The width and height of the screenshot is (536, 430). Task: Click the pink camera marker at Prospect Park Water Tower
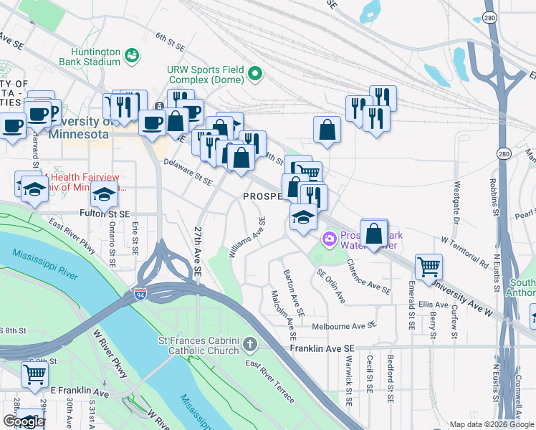tap(329, 238)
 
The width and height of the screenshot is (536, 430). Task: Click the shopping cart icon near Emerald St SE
tap(429, 266)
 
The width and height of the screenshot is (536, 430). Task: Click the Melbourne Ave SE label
tap(344, 326)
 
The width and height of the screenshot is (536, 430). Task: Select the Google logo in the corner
tap(24, 421)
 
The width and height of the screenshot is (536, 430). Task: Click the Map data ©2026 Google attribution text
tap(491, 424)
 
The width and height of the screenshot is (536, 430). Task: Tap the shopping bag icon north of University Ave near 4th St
tap(327, 130)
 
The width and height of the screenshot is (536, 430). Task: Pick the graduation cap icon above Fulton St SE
tap(104, 193)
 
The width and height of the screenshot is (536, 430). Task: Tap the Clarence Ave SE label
tap(368, 277)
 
